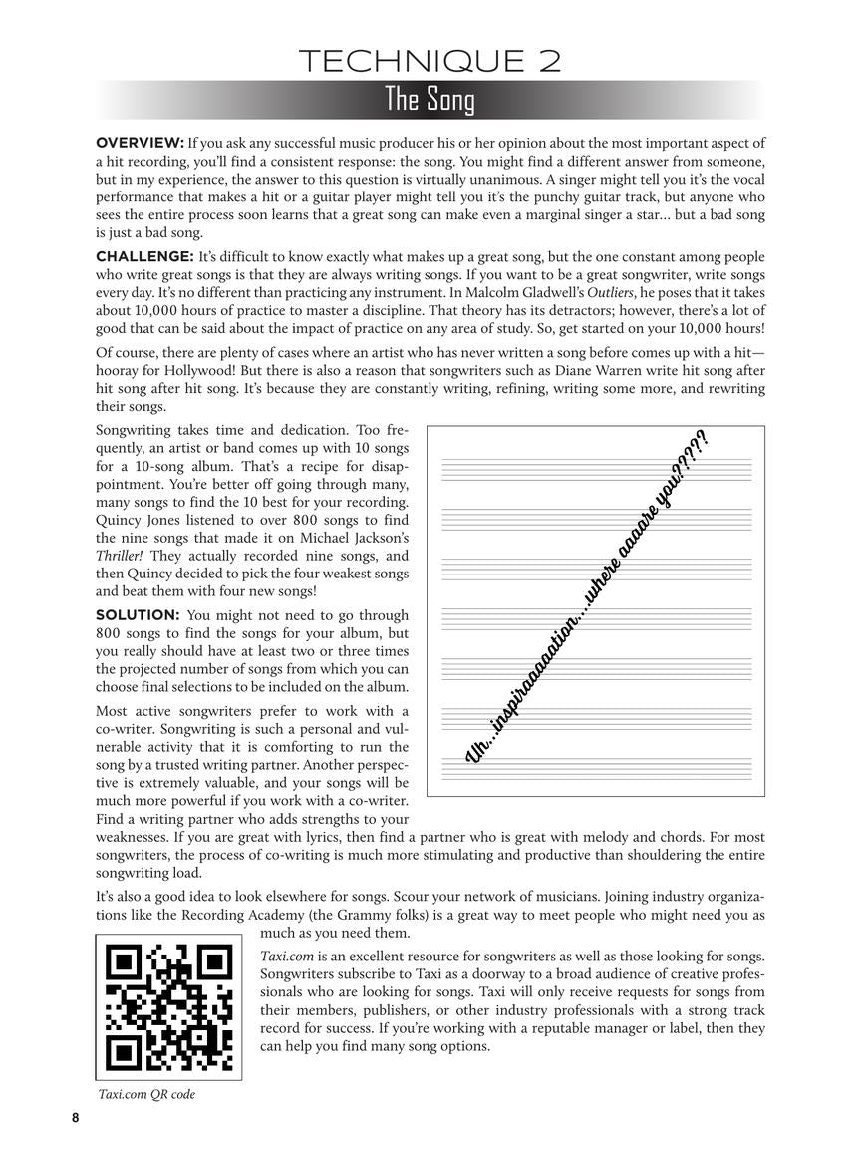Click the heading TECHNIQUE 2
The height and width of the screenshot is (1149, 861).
430,62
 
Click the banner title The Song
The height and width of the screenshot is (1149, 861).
430,100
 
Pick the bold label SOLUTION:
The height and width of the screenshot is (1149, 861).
138,615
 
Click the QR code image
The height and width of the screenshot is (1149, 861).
169,1006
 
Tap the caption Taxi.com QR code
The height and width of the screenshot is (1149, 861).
146,1094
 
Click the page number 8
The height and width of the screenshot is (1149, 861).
75,1118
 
